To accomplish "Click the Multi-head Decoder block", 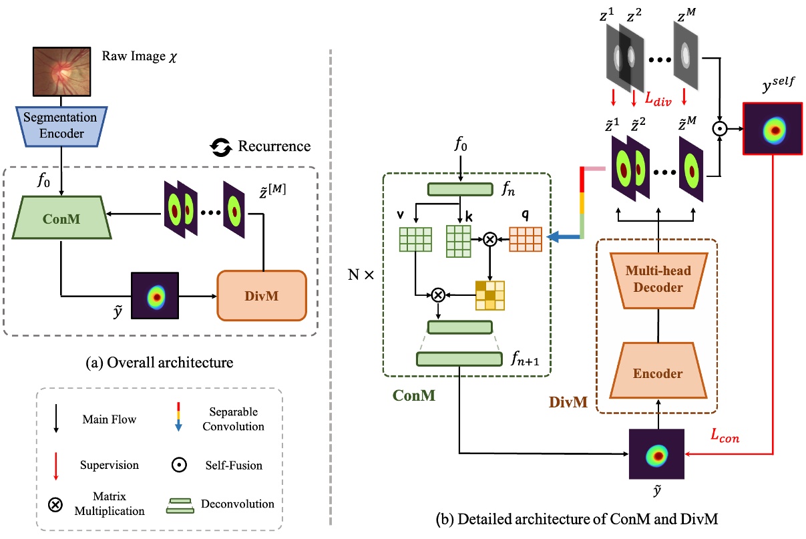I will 657,281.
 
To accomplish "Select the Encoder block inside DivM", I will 657,373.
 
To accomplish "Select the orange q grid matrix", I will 526,238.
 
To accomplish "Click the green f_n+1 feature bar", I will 459,359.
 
